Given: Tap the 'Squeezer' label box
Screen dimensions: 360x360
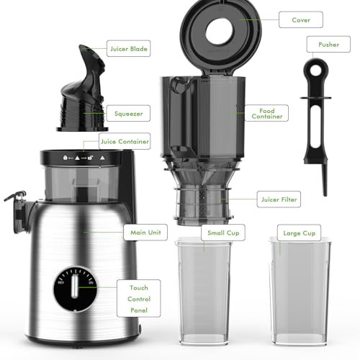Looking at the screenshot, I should coord(129,113).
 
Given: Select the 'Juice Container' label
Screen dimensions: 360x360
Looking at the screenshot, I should coord(125,141).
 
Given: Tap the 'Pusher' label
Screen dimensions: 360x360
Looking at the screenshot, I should coord(328,45).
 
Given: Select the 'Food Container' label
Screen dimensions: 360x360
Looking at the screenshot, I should coord(266,112).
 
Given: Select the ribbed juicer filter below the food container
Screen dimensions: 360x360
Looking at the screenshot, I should coord(204,202).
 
